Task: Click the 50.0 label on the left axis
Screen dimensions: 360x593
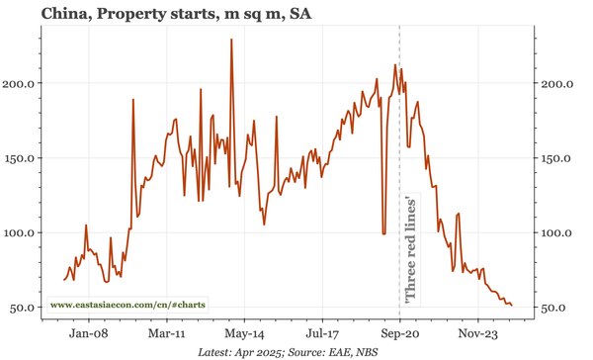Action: coord(23,308)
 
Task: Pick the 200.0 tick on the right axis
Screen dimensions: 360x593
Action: coord(558,83)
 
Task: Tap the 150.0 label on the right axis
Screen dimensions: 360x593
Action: coord(558,158)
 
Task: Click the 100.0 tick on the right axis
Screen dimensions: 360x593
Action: coord(558,232)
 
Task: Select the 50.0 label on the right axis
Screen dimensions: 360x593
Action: coord(555,308)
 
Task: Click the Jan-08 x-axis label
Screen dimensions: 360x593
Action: coord(87,334)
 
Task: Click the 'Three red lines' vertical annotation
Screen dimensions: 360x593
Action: coord(410,248)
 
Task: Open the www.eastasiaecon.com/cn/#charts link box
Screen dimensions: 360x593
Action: coord(127,305)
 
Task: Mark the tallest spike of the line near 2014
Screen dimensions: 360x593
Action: coord(231,41)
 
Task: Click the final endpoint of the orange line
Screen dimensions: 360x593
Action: coord(511,305)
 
